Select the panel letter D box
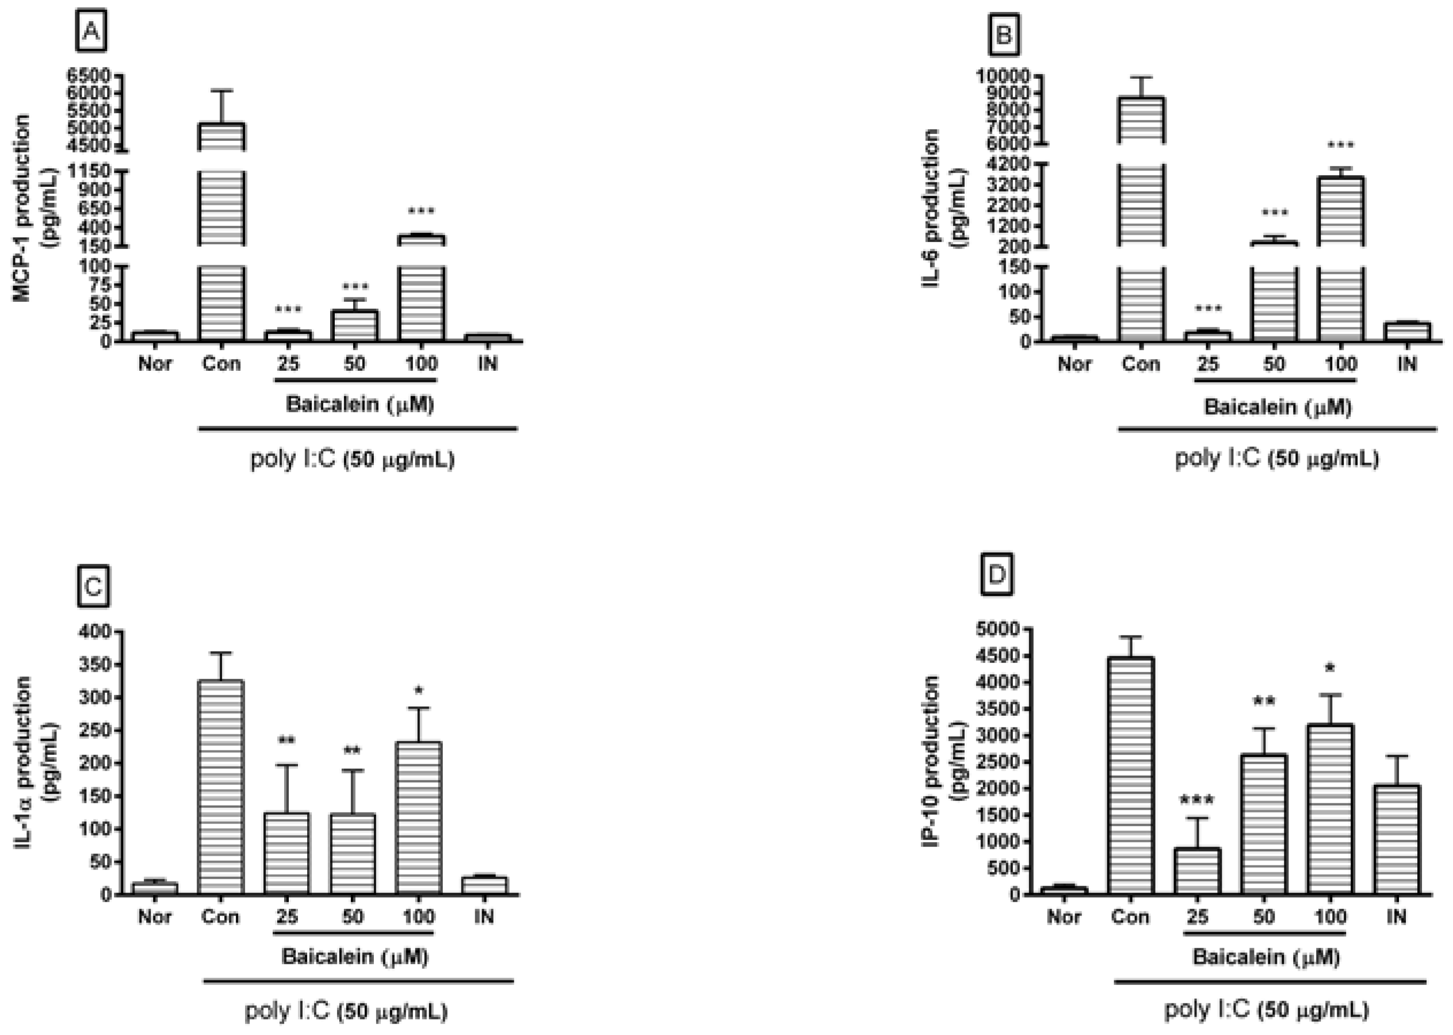[x=996, y=576]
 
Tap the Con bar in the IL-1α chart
[x=220, y=788]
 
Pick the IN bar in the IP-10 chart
[x=1396, y=839]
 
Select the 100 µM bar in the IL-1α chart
[x=418, y=818]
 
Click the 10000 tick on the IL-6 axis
[x=1002, y=76]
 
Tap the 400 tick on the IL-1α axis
[x=95, y=631]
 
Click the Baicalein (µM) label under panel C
[x=355, y=957]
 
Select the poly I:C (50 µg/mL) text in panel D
[x=1266, y=1010]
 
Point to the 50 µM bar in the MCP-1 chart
[x=354, y=325]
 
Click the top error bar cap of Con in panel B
[x=1141, y=77]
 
